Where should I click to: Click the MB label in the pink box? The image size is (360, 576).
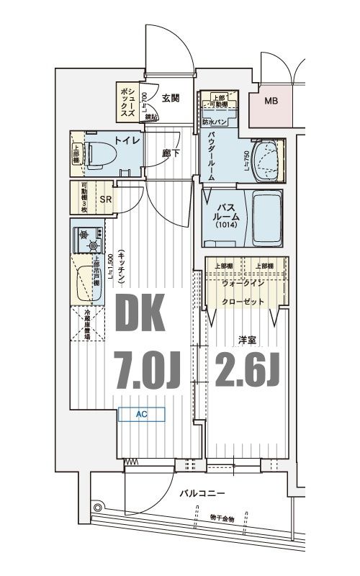[271, 101]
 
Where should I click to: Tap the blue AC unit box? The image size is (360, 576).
[142, 414]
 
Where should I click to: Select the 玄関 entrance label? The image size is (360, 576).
[171, 99]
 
